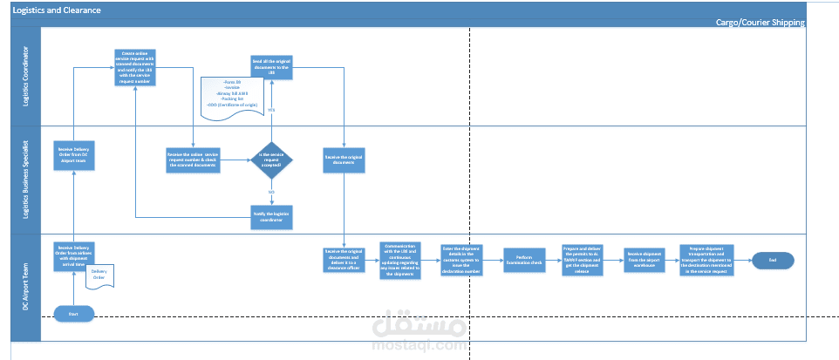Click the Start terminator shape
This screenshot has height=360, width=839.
coord(74,312)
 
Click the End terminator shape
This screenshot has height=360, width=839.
coord(772,260)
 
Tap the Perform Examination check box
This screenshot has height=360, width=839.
coord(524,260)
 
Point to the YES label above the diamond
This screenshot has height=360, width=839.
coord(271,111)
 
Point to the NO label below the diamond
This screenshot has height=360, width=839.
coord(271,191)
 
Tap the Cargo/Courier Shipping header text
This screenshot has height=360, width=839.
coord(760,23)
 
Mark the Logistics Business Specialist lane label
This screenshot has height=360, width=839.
coord(25,179)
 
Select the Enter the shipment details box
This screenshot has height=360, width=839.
coord(462,259)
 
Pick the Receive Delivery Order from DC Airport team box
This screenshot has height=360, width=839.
coord(74,154)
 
